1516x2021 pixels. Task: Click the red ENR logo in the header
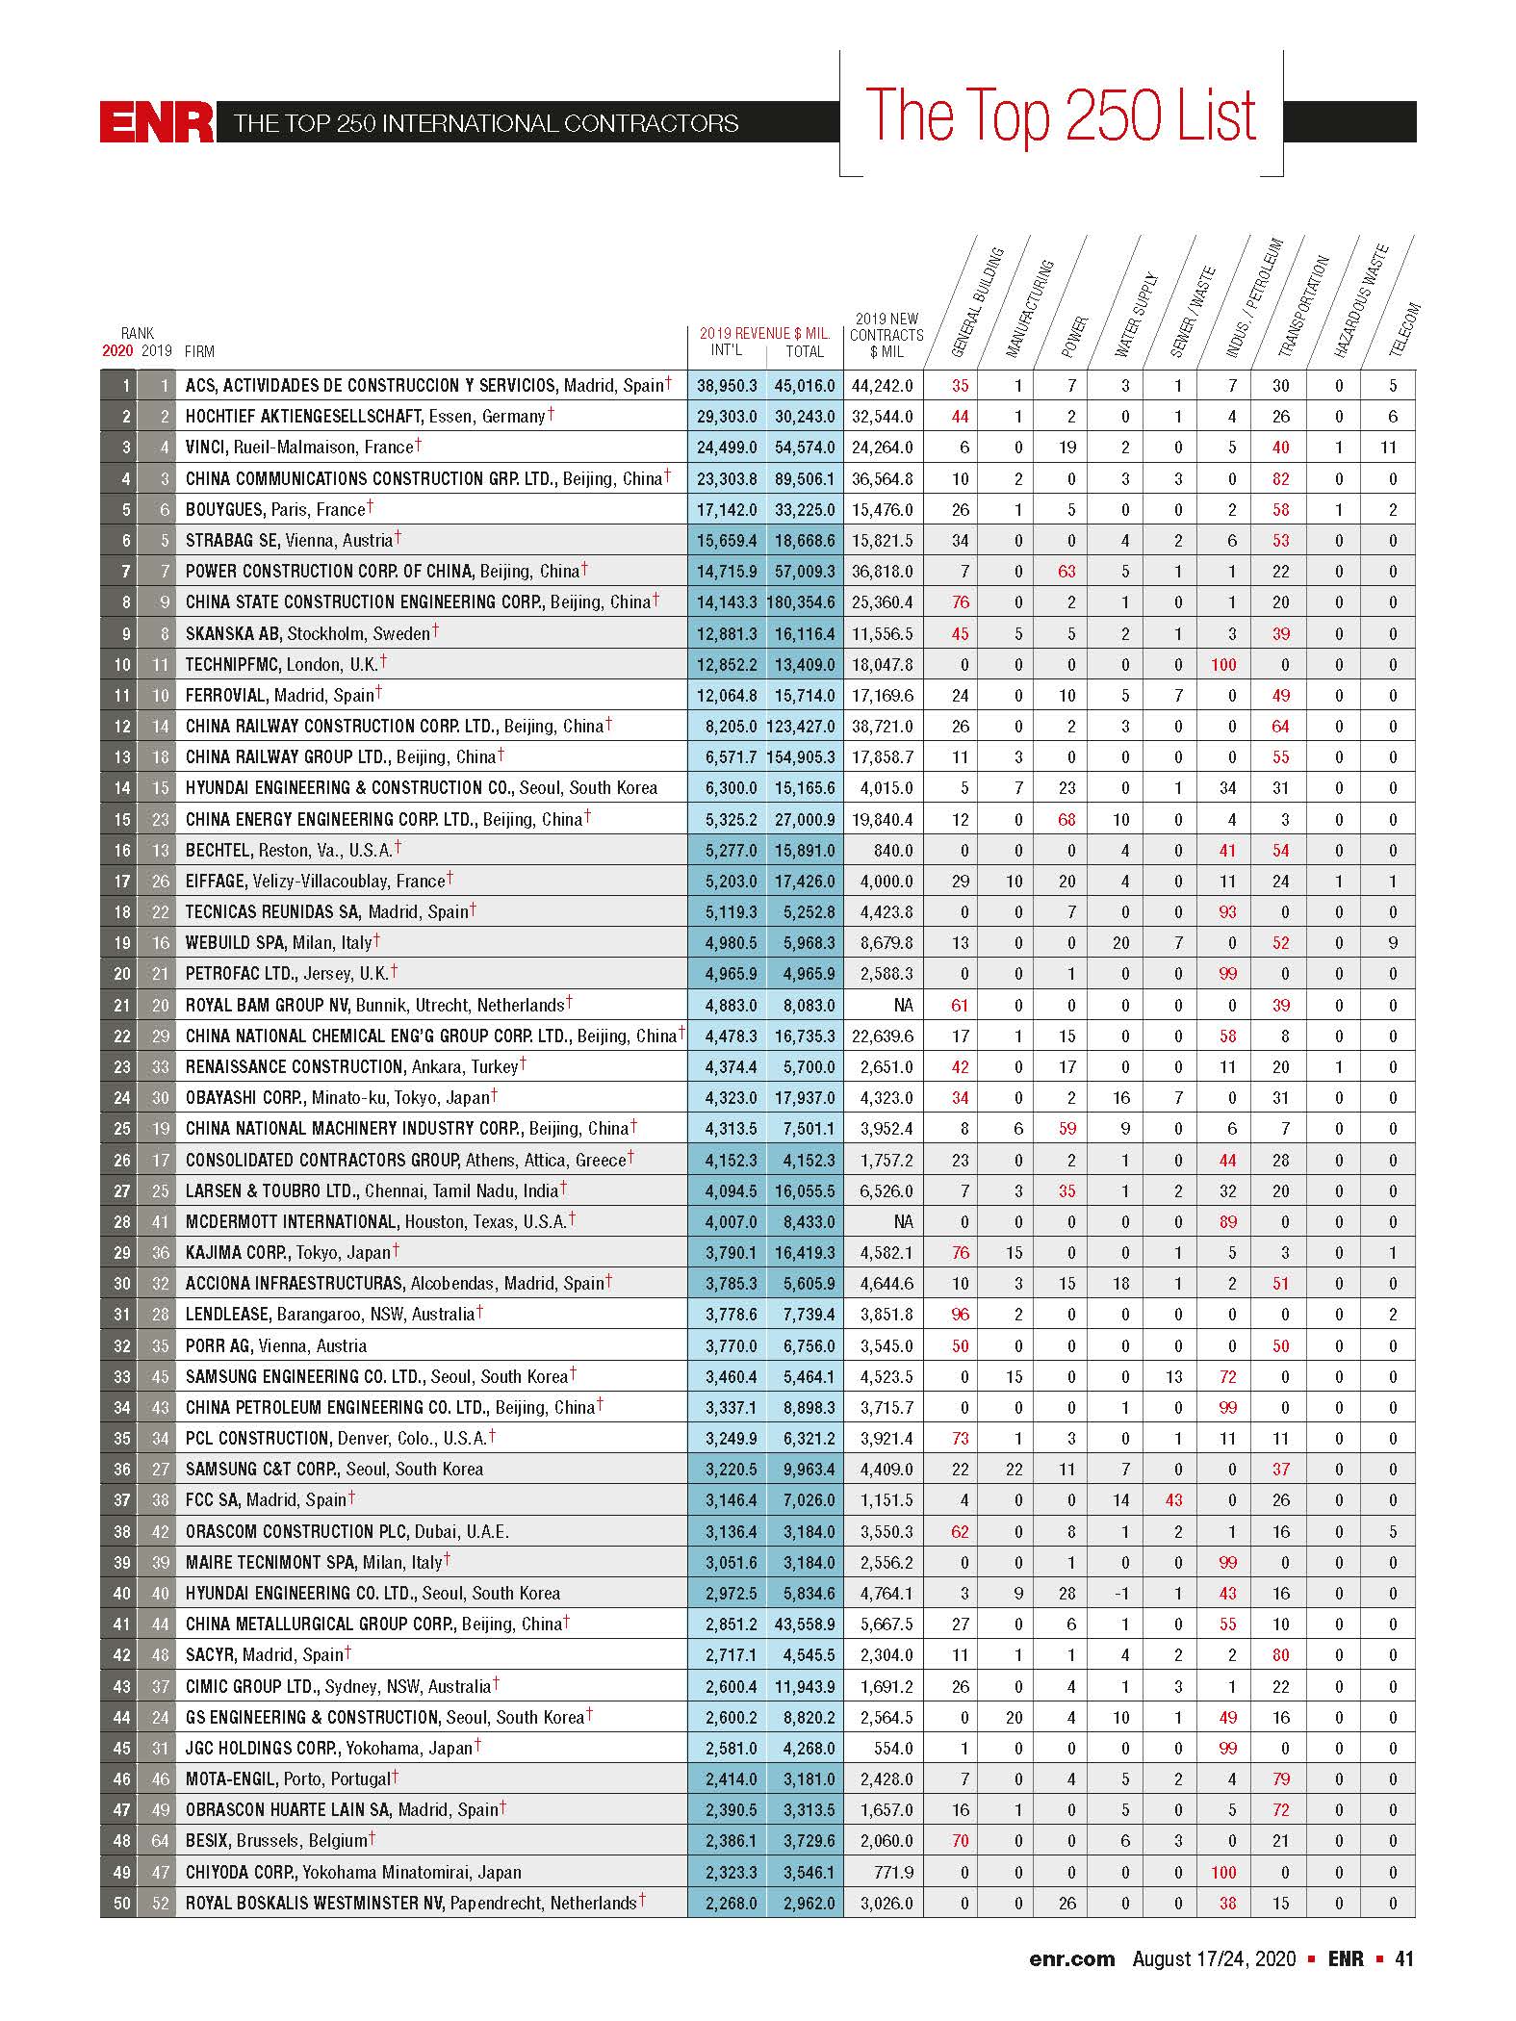157,122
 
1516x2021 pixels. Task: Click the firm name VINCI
206,448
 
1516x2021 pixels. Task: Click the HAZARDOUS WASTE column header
1360,301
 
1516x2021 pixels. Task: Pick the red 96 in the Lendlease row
960,1315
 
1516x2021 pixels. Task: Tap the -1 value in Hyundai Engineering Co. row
1120,1593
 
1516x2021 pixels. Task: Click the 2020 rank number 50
121,1903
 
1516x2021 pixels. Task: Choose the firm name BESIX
207,1841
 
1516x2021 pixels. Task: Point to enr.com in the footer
1071,1959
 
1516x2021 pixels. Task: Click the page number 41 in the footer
1403,1959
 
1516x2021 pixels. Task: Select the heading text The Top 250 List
1061,116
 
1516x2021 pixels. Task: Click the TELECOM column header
1404,329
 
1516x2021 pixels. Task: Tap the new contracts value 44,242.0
883,386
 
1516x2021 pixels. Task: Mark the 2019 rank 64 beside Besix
160,1841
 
